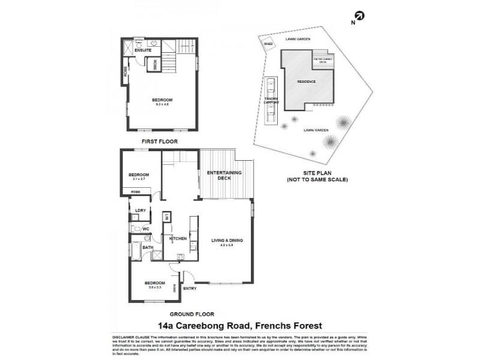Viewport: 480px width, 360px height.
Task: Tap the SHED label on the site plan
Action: coord(268,43)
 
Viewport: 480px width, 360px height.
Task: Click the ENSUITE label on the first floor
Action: coord(143,50)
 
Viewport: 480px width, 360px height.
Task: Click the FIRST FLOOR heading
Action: coord(159,142)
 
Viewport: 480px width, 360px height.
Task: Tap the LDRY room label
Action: coord(140,210)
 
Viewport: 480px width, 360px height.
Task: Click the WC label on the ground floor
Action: coord(145,229)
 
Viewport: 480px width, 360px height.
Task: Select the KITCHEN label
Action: coord(178,239)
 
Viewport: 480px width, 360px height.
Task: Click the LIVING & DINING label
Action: coord(227,241)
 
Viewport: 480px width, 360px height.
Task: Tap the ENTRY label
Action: coord(190,289)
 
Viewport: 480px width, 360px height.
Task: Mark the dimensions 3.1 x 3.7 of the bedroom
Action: coord(138,179)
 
